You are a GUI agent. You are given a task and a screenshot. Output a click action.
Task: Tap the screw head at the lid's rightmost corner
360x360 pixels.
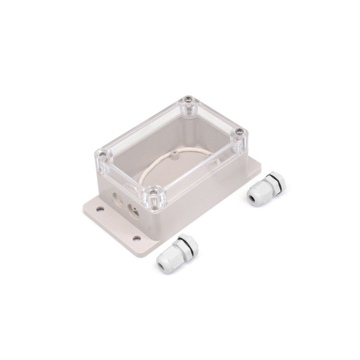pos(239,132)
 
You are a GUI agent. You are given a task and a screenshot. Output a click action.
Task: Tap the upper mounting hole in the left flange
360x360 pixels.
pos(99,208)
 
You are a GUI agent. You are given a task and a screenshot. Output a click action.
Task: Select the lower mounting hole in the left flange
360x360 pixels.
pos(136,238)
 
